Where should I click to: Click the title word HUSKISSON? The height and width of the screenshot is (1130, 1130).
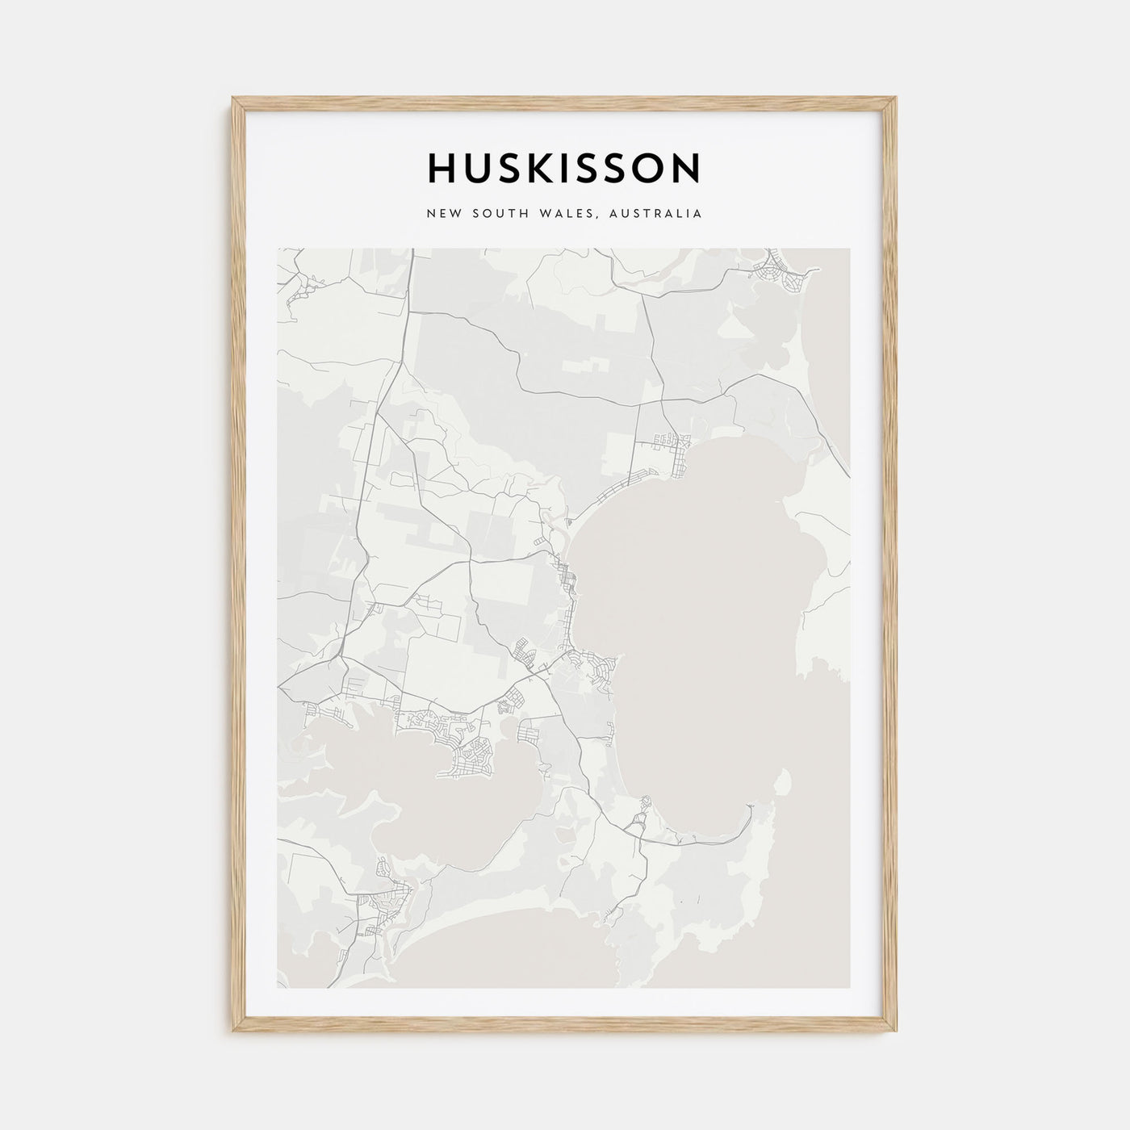point(564,169)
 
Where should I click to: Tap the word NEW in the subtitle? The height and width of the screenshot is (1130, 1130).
point(443,215)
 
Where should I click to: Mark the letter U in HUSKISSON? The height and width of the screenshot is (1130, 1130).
point(479,169)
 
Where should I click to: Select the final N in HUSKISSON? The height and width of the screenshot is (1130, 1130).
point(687,169)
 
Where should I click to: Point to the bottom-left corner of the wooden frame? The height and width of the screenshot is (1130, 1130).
point(234,1033)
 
